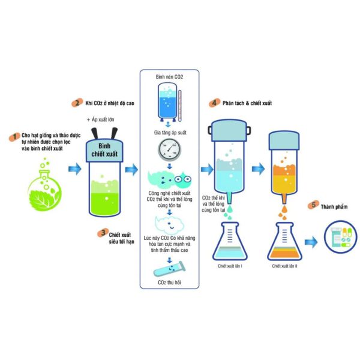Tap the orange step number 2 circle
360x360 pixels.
pos(77,103)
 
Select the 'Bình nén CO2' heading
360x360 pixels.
pos(169,78)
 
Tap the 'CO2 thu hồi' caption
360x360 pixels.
pos(170,282)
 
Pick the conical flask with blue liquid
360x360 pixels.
pos(231,240)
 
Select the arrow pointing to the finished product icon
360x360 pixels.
pos(311,242)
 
